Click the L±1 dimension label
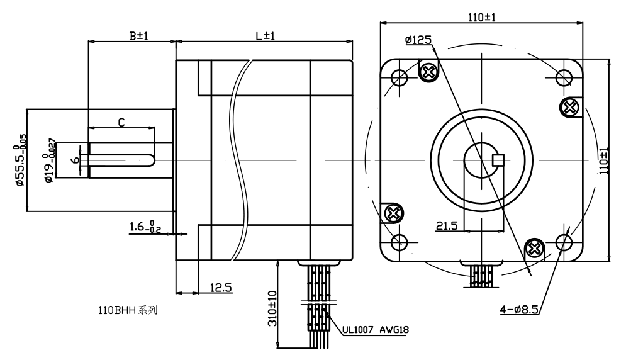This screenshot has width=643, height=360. pos(265,36)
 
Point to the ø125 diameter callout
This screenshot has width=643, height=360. pos(418,40)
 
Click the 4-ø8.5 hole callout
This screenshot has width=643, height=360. pos(520,309)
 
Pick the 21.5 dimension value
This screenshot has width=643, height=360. pos(446,225)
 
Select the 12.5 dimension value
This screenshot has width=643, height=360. pos(220,288)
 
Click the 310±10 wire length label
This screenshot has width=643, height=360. pos(272,307)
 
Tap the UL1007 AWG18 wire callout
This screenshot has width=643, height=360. pos(379,329)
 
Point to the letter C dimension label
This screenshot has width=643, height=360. pos(121,121)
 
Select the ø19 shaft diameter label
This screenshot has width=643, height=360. pos(50,160)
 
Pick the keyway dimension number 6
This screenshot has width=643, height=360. pos(75,160)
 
